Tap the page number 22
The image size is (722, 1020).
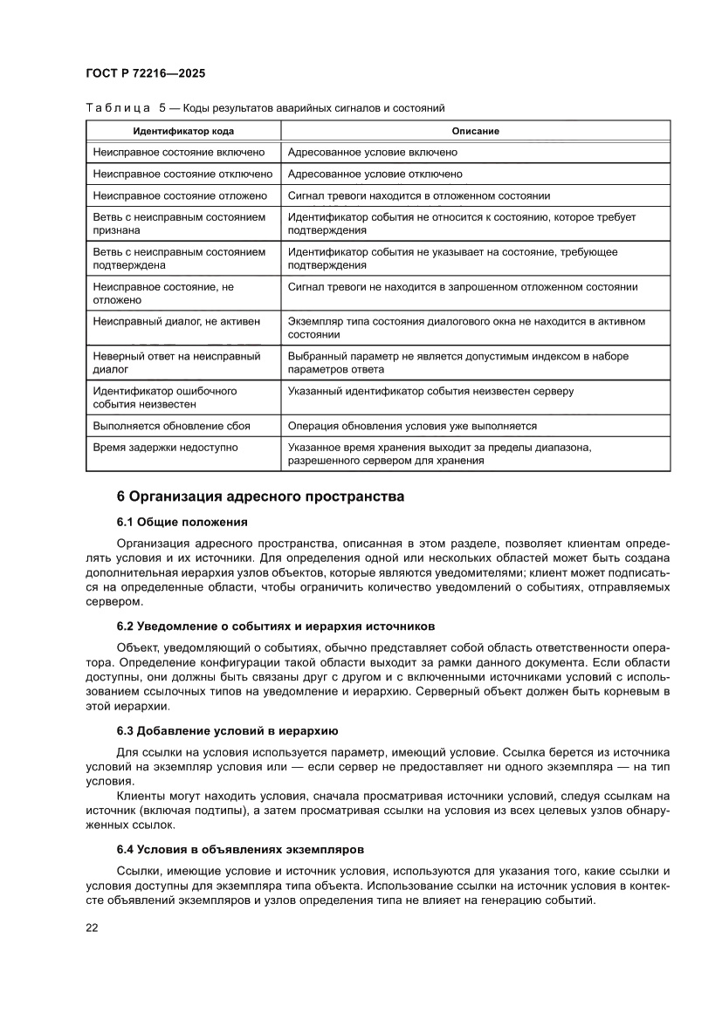coord(92,928)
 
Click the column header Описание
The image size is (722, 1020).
coord(475,131)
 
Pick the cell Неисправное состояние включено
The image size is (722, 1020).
coord(173,152)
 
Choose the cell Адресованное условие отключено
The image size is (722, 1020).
coord(375,174)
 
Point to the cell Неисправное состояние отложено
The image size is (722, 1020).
coord(174,195)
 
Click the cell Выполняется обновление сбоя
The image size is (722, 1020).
coord(171,426)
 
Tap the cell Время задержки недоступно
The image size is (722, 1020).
coord(165,448)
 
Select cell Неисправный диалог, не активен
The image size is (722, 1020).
coord(176,322)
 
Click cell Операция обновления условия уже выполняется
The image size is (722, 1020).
coord(411,426)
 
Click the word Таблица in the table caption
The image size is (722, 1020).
coord(118,108)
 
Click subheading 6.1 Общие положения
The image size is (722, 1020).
coord(182,523)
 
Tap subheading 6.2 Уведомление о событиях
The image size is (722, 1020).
coord(275,626)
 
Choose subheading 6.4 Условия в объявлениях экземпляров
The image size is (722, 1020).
coord(241,849)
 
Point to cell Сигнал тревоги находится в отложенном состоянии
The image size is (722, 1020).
coord(418,195)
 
